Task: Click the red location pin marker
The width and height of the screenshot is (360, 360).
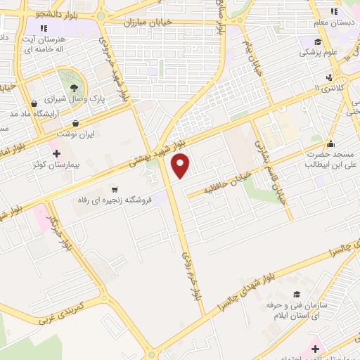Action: [x=181, y=166]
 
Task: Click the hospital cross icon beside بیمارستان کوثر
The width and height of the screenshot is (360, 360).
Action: [x=56, y=153]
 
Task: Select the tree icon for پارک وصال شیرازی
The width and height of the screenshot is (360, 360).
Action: [x=74, y=88]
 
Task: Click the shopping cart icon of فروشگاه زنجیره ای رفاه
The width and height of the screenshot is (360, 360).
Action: [x=115, y=189]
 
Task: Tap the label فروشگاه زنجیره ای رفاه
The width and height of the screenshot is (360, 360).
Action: [x=115, y=200]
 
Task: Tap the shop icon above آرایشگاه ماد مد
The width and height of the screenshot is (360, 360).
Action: [x=34, y=104]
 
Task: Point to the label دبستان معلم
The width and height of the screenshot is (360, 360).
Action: [x=334, y=23]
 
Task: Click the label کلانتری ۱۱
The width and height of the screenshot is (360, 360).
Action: [x=328, y=86]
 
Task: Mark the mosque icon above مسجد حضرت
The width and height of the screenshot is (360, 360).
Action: [x=330, y=143]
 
